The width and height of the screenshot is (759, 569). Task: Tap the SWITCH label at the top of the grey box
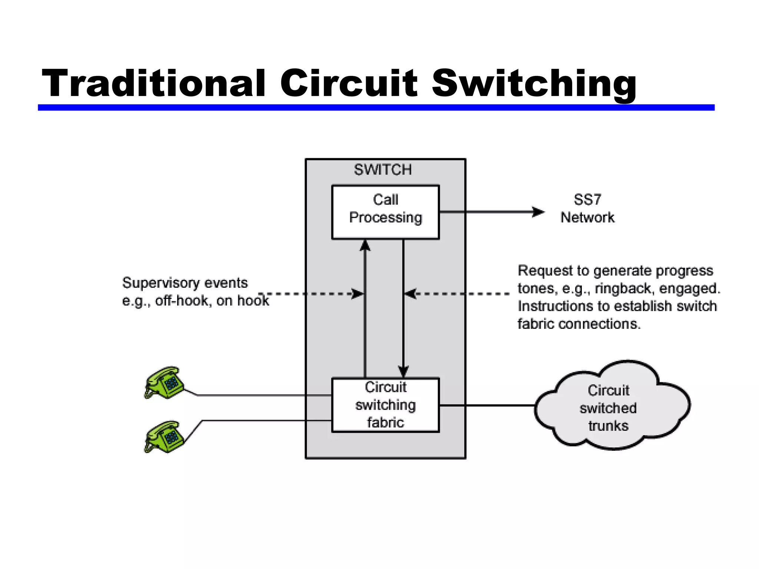click(x=382, y=170)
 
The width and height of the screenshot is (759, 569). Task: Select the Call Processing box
click(x=385, y=212)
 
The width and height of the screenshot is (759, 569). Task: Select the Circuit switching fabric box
click(x=385, y=405)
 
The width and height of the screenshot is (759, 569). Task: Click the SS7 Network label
click(x=587, y=209)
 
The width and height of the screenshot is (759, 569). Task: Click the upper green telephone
click(x=164, y=383)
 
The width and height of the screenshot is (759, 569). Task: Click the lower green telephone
click(x=164, y=437)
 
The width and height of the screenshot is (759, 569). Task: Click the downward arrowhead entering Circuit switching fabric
click(x=403, y=371)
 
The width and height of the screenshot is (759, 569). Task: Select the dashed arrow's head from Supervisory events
click(x=358, y=294)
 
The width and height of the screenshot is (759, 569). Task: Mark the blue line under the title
click(x=376, y=107)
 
